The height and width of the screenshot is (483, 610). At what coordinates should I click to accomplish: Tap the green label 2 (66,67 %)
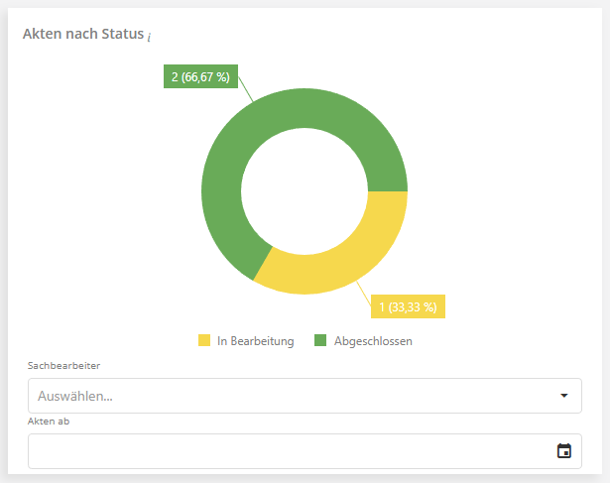click(200, 76)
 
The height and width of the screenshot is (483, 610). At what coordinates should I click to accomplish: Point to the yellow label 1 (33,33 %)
click(408, 306)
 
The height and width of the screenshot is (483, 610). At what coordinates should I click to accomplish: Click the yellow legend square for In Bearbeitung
click(204, 341)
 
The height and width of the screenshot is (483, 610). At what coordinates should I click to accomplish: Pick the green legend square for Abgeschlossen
click(320, 341)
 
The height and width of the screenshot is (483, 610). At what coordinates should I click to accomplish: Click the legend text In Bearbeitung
click(255, 341)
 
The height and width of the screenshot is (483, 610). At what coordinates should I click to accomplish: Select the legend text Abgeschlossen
click(372, 341)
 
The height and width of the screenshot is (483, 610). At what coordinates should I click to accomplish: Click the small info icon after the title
click(149, 37)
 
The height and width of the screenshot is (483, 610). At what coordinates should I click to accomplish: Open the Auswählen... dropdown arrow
click(564, 396)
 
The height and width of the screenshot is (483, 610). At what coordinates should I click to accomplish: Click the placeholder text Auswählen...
click(74, 396)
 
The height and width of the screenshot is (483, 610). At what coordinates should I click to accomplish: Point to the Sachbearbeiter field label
click(64, 365)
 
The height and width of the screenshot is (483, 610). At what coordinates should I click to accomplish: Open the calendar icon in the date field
click(564, 451)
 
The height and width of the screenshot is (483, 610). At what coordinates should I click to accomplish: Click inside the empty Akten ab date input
click(288, 451)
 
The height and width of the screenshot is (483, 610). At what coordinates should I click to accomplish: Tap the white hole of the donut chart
click(305, 190)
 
